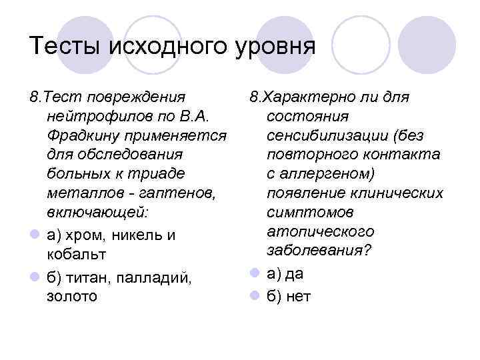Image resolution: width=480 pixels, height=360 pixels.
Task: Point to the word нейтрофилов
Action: pyautogui.click(x=100, y=117)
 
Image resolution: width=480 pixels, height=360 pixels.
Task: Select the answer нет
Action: pyautogui.click(x=298, y=295)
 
